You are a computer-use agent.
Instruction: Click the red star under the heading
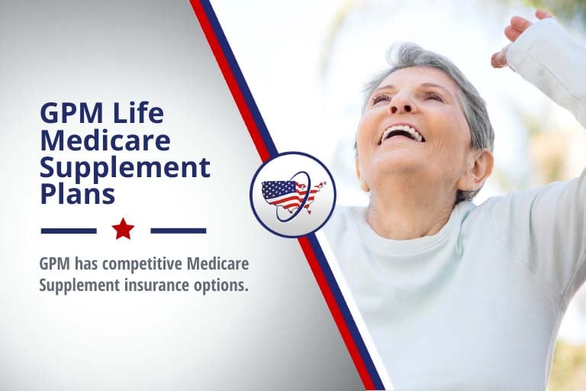[123, 228]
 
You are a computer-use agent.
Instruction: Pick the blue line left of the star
[69, 230]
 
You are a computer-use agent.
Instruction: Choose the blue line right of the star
[178, 230]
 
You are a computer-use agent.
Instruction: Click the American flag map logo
[292, 194]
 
